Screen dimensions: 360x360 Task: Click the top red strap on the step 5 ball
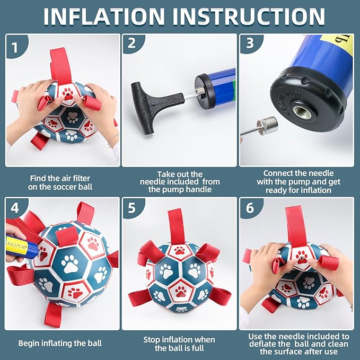(175, 225)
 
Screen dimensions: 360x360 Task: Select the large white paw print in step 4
(69, 264)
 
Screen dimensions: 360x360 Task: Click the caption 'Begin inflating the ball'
(61, 343)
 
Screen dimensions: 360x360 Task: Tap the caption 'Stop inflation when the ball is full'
(179, 344)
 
